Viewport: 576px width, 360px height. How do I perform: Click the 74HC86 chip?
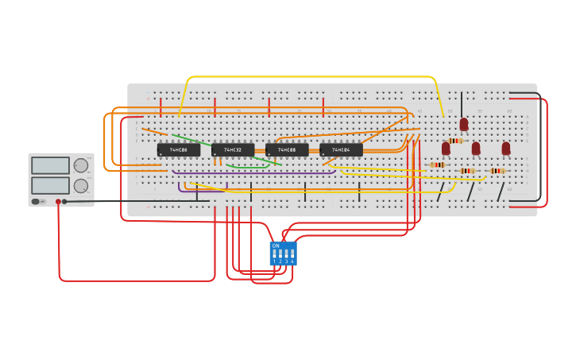click(x=178, y=149)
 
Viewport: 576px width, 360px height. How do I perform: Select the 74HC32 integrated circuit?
click(x=233, y=149)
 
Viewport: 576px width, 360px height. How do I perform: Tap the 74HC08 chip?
click(x=287, y=149)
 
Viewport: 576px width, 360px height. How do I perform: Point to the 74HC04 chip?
click(x=341, y=149)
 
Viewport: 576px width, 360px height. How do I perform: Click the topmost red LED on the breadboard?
click(x=464, y=124)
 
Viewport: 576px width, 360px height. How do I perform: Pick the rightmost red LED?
click(x=505, y=148)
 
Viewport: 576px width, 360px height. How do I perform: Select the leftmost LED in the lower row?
click(x=446, y=148)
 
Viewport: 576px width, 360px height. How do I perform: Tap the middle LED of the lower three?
click(x=476, y=148)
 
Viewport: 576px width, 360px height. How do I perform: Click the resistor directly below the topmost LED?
click(x=454, y=141)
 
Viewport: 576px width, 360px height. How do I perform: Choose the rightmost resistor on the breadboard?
click(x=497, y=170)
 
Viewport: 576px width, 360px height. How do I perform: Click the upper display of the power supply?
click(x=50, y=165)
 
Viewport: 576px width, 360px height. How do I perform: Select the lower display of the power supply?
click(x=50, y=185)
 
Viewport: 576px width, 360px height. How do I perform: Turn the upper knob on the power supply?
click(x=81, y=165)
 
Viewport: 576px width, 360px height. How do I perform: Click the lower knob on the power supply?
click(x=81, y=185)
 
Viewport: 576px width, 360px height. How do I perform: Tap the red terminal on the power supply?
click(x=58, y=202)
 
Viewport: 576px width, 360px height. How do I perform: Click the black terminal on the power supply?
click(x=64, y=202)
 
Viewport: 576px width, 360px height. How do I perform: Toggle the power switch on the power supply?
click(x=36, y=202)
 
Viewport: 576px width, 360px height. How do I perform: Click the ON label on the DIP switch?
click(x=276, y=246)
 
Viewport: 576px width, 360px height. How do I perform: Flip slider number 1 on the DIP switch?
click(x=274, y=254)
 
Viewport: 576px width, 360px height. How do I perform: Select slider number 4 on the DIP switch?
click(x=292, y=254)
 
